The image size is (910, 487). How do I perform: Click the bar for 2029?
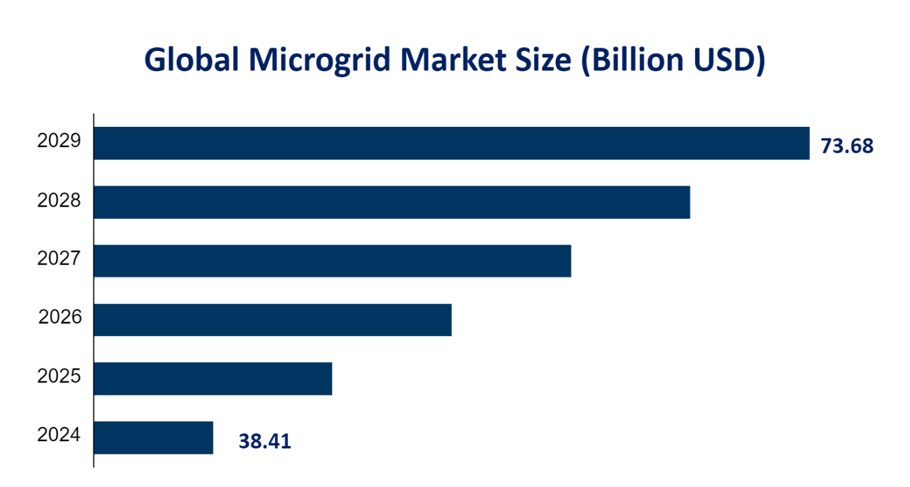pyautogui.click(x=452, y=143)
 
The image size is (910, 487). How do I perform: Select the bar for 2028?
pyautogui.click(x=392, y=202)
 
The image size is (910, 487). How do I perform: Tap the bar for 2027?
pyautogui.click(x=332, y=261)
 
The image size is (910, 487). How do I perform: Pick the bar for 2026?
pyautogui.click(x=273, y=320)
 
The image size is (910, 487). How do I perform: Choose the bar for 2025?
pyautogui.click(x=213, y=378)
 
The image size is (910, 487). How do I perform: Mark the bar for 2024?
pyautogui.click(x=153, y=437)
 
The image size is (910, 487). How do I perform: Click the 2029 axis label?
pyautogui.click(x=59, y=141)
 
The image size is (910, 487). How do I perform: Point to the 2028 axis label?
pyautogui.click(x=59, y=200)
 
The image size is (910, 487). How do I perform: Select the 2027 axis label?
pyautogui.click(x=59, y=259)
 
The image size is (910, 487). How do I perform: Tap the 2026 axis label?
pyautogui.click(x=59, y=318)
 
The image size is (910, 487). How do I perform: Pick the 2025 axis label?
pyautogui.click(x=59, y=377)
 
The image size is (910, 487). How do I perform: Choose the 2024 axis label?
pyautogui.click(x=59, y=435)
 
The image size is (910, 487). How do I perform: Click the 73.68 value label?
pyautogui.click(x=847, y=146)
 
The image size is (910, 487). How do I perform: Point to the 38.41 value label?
pyautogui.click(x=265, y=442)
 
